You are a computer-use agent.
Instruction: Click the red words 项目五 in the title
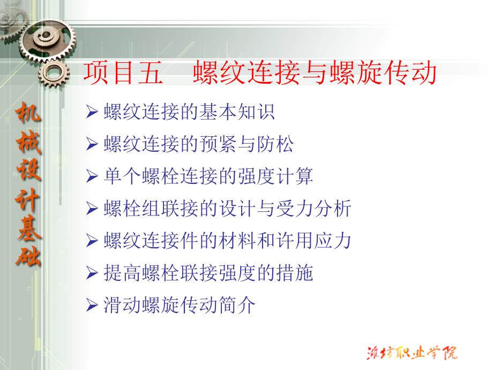click(x=123, y=73)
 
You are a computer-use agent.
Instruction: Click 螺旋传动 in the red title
click(x=383, y=73)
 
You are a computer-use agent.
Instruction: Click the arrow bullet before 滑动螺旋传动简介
click(x=92, y=305)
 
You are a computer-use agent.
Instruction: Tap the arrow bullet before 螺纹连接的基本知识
click(x=92, y=112)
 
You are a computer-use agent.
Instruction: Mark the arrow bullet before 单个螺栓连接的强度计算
click(x=92, y=176)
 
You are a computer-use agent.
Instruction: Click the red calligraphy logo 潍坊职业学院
click(x=412, y=352)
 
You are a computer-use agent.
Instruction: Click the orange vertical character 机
click(x=28, y=112)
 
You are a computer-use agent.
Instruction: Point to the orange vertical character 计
click(x=28, y=199)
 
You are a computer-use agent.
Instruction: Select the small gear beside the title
click(x=54, y=74)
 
